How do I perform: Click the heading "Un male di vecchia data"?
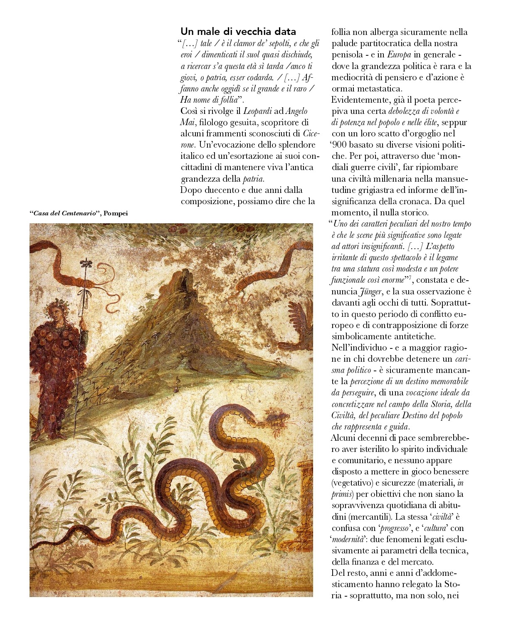click(x=238, y=32)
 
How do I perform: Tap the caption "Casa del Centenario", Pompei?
click(x=79, y=213)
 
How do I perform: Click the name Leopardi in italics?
click(x=257, y=111)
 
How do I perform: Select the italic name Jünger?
click(x=370, y=291)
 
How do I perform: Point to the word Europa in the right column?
click(x=399, y=54)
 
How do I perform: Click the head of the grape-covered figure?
click(x=56, y=310)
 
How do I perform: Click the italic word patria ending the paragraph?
click(x=253, y=179)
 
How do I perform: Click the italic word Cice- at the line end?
click(x=309, y=134)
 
